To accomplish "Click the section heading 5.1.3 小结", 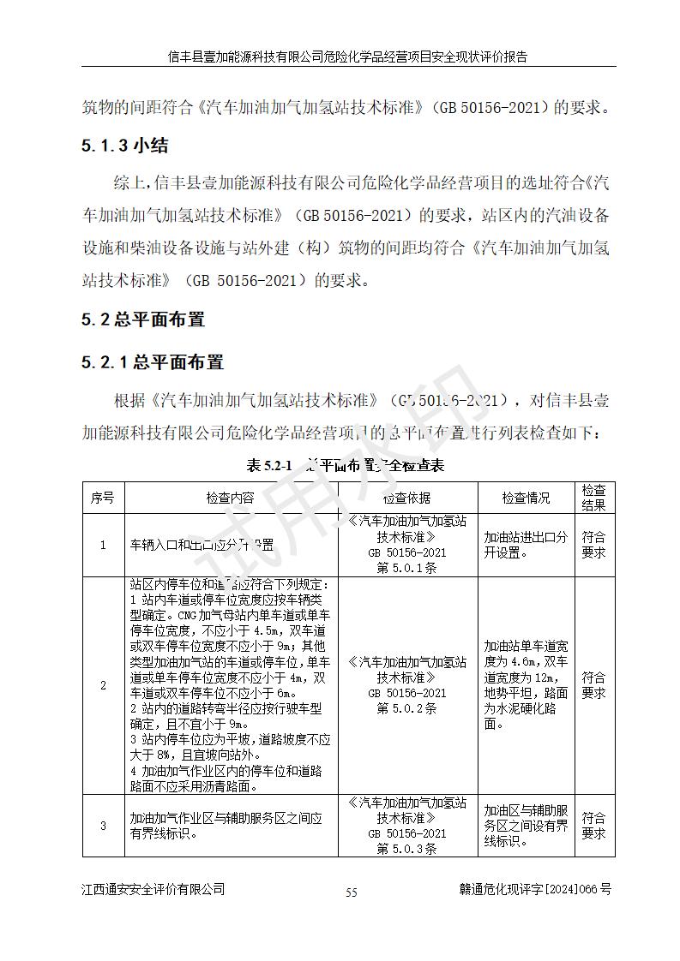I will pyautogui.click(x=124, y=145).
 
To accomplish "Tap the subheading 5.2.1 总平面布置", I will pyautogui.click(x=152, y=362).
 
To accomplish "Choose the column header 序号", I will pyautogui.click(x=103, y=498).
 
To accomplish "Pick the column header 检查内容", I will pyautogui.click(x=230, y=498).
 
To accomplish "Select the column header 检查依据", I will pyautogui.click(x=407, y=498).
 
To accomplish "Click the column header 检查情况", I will pyautogui.click(x=526, y=498).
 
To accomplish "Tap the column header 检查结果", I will pyautogui.click(x=593, y=498).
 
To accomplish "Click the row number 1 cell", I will pyautogui.click(x=103, y=545).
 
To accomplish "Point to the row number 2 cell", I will pyautogui.click(x=103, y=685).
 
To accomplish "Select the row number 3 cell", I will pyautogui.click(x=103, y=826).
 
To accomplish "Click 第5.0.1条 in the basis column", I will pyautogui.click(x=407, y=568).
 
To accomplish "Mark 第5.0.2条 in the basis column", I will pyautogui.click(x=407, y=708).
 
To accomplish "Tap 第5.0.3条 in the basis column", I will pyautogui.click(x=407, y=849).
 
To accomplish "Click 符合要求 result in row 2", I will pyautogui.click(x=593, y=685).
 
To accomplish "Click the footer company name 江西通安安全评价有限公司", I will pyautogui.click(x=153, y=889).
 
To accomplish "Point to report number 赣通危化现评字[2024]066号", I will pyautogui.click(x=535, y=889).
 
